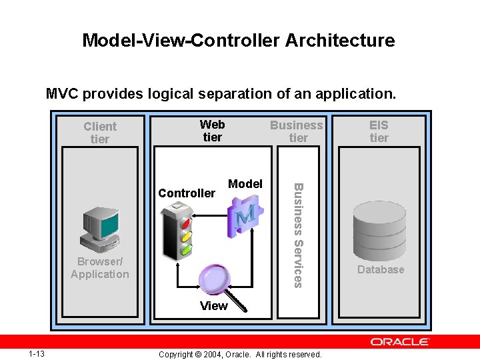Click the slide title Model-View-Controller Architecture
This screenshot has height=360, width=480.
pyautogui.click(x=239, y=41)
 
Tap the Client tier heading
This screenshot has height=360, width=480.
pyautogui.click(x=99, y=133)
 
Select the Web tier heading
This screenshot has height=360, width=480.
pyautogui.click(x=212, y=131)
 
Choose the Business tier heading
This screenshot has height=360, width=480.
pyautogui.click(x=297, y=131)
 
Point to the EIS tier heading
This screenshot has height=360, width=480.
pyautogui.click(x=379, y=131)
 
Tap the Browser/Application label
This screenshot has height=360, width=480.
pyautogui.click(x=99, y=268)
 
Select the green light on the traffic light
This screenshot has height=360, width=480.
pyautogui.click(x=185, y=249)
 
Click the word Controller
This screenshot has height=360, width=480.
pyautogui.click(x=187, y=193)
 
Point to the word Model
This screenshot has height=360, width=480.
pyautogui.click(x=245, y=184)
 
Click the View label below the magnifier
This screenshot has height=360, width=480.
pyautogui.click(x=214, y=306)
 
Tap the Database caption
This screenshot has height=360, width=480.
pyautogui.click(x=380, y=269)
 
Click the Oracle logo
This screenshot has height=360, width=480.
pyautogui.click(x=400, y=342)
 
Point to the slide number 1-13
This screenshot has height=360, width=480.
pyautogui.click(x=37, y=353)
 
